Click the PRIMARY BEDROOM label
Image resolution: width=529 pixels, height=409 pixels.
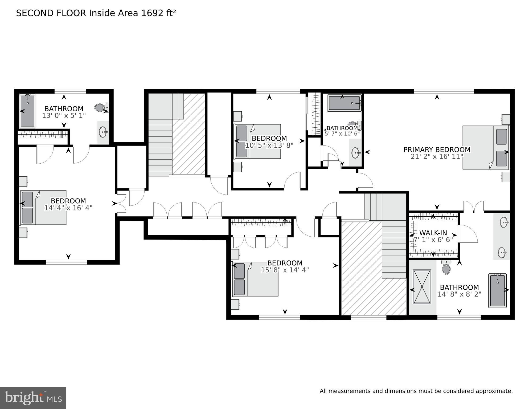point(437,149)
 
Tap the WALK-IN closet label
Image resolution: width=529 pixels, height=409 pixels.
point(433,233)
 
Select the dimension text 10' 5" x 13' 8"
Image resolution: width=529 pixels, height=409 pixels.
point(269,145)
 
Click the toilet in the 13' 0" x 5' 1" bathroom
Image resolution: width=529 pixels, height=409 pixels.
point(101,107)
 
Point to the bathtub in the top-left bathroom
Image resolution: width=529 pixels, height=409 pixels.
point(27,111)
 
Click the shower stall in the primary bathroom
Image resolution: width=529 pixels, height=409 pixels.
point(422,287)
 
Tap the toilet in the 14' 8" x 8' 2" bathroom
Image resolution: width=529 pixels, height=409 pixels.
point(446,268)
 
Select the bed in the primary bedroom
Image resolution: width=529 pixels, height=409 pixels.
point(485,147)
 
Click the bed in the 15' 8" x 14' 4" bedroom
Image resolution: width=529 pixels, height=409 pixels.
point(255,279)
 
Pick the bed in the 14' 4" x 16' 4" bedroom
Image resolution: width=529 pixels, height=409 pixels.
point(43,207)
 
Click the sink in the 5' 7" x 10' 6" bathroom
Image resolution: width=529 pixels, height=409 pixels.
point(355,153)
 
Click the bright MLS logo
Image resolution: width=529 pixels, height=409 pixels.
point(33,398)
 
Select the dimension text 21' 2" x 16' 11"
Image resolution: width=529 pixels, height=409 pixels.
point(437,156)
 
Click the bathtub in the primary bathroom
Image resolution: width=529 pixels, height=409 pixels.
point(497,290)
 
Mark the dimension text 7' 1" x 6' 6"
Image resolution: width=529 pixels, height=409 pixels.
point(433,240)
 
